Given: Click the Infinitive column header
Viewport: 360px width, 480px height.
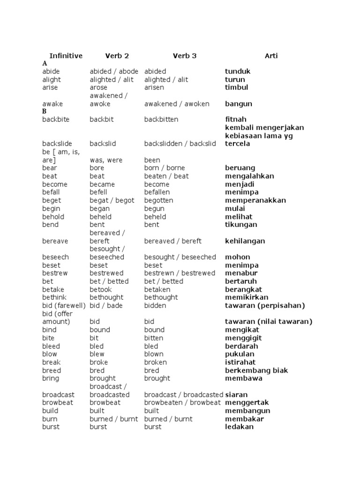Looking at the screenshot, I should point(66,56).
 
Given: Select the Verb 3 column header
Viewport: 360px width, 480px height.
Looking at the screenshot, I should point(185,56).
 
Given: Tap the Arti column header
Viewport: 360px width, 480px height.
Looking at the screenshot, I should point(271,56).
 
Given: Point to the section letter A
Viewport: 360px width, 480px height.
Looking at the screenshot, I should point(45,63).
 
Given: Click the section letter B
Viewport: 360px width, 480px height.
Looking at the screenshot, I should point(45,112).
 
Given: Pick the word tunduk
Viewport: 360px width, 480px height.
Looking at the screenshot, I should point(238,72).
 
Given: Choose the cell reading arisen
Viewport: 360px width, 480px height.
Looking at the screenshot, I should point(154,88).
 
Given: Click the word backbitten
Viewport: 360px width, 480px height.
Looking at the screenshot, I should point(161,120).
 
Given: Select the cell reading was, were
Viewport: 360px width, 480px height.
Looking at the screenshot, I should point(106,160).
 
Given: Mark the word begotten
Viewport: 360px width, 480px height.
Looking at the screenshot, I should point(158,200).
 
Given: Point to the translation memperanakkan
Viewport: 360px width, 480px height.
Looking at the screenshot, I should point(255,200).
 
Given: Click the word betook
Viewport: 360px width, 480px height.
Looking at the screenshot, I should point(101,289).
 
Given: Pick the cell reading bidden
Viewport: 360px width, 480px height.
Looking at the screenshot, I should point(155,306).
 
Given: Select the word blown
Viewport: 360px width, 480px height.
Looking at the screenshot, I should point(154,354).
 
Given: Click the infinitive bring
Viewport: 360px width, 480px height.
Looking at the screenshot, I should point(51,378).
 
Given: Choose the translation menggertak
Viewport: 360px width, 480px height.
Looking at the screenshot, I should point(247,403).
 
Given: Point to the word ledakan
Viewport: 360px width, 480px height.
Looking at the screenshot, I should point(240,427).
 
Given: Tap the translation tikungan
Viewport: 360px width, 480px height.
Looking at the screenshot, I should point(240,225).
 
